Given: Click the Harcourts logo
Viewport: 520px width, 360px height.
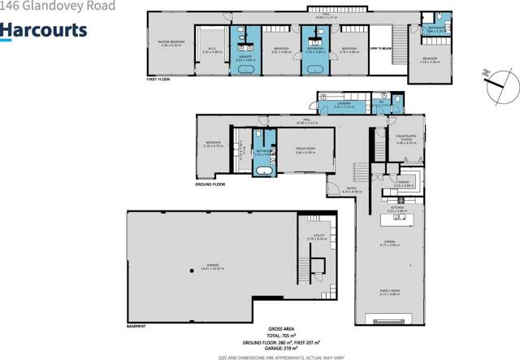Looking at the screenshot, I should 43,30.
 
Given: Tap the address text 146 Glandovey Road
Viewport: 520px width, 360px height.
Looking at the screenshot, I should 57,7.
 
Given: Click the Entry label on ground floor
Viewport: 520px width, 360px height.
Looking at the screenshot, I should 352,190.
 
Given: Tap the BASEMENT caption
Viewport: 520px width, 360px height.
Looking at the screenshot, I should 136,327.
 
